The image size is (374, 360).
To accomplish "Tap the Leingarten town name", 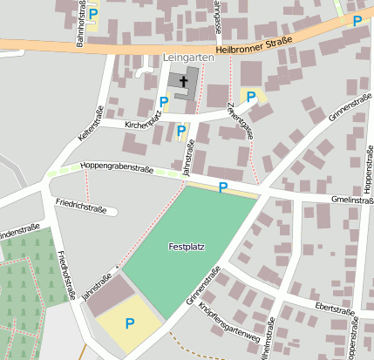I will [x=187, y=58].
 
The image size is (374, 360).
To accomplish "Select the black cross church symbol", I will [x=183, y=84].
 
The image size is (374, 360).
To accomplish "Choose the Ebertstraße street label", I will [x=335, y=309].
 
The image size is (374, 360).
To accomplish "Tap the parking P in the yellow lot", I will [x=130, y=323].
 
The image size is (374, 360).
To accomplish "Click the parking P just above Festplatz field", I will [x=223, y=187].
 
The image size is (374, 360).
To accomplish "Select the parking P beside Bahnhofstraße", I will [x=92, y=14].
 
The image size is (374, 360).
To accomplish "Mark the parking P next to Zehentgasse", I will [x=251, y=97].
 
